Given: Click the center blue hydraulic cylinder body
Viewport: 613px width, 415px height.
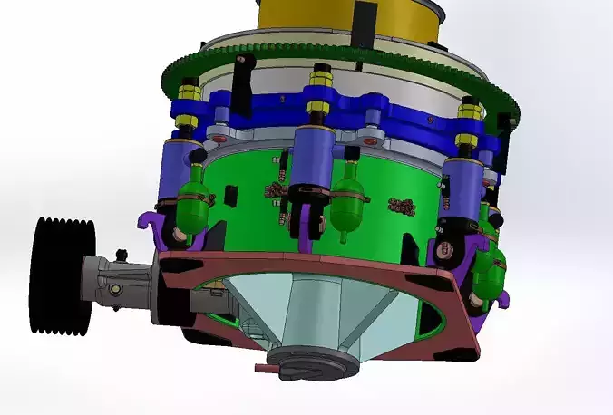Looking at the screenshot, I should pyautogui.click(x=313, y=159).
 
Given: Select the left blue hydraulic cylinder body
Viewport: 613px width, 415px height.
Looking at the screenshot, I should pyautogui.click(x=176, y=168).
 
